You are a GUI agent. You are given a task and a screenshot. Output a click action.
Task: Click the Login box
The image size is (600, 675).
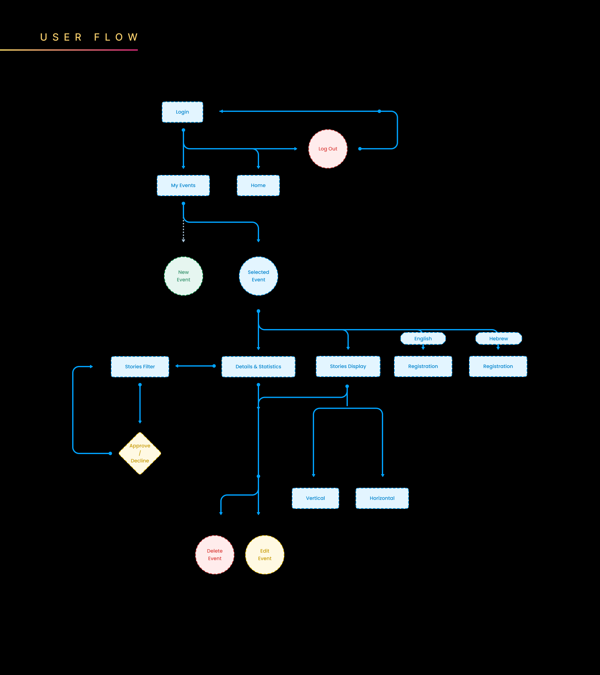[182, 112]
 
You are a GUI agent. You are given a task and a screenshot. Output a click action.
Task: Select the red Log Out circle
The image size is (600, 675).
[327, 149]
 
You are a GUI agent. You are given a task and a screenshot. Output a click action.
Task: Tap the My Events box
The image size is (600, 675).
[183, 186]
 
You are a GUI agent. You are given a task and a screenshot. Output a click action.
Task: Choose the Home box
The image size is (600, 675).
[258, 186]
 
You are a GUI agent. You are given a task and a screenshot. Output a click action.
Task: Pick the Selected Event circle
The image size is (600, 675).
[258, 276]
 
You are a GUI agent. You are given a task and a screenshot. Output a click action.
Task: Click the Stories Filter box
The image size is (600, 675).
[140, 367]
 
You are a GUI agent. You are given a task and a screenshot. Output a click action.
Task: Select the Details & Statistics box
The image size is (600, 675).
[258, 367]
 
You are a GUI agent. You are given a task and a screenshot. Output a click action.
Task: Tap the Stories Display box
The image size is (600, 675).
[348, 366]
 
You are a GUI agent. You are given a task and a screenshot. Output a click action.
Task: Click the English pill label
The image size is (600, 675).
[423, 338]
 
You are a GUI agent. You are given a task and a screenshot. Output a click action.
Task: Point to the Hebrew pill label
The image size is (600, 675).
[498, 338]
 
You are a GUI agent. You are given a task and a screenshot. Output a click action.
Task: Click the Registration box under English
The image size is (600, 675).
[423, 366]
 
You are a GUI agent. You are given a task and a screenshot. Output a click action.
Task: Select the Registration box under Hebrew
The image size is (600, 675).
[497, 366]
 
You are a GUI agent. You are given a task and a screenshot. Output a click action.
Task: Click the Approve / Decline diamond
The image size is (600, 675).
[140, 453]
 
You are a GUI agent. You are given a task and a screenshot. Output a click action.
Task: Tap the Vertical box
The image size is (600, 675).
[315, 498]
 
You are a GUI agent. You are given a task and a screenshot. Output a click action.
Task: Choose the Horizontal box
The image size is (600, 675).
[382, 498]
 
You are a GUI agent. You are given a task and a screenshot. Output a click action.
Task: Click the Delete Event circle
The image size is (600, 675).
[215, 555]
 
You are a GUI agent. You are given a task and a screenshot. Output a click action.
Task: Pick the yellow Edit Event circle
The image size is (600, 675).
[264, 555]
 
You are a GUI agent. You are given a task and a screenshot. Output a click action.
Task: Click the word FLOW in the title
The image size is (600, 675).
[116, 37]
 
